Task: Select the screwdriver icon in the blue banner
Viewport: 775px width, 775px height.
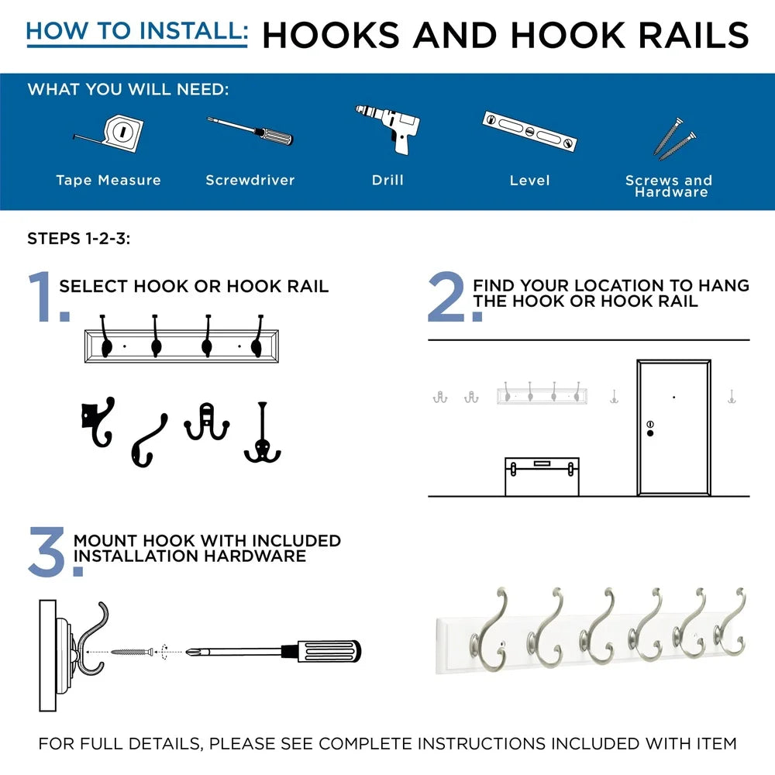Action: click(x=250, y=131)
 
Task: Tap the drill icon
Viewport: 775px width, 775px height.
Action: click(x=390, y=129)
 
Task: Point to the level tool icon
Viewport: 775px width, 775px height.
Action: click(x=530, y=131)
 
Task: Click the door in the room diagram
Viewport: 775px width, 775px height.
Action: click(x=673, y=428)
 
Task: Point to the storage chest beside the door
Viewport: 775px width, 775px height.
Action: click(x=542, y=476)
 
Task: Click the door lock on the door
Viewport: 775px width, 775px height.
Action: click(x=649, y=428)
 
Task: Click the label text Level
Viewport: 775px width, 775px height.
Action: click(x=529, y=181)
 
